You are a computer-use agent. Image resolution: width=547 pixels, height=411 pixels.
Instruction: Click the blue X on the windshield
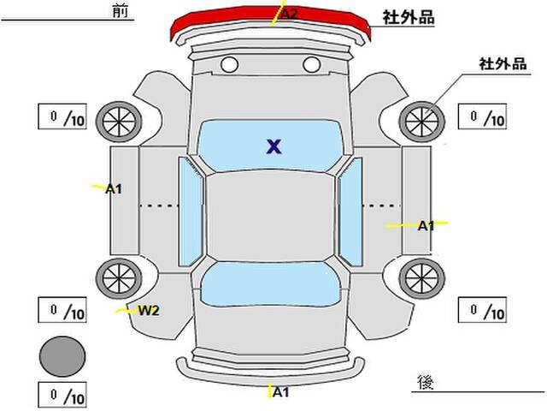point(273,146)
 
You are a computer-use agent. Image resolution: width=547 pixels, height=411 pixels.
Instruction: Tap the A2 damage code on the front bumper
point(289,15)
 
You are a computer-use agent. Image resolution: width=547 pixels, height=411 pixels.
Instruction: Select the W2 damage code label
point(149,310)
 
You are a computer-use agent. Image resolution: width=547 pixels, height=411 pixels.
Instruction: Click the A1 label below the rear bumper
point(281,392)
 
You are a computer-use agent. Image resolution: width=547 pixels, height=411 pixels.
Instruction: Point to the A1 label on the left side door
point(114,189)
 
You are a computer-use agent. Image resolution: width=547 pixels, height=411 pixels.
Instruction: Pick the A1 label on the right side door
point(426,226)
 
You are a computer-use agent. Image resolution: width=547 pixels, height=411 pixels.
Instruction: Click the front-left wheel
point(119,122)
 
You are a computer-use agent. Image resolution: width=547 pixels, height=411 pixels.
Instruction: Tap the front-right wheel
point(421,122)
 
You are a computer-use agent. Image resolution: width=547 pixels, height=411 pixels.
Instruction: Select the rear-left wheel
point(119,278)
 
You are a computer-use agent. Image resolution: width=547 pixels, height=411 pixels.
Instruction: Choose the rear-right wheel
point(421,278)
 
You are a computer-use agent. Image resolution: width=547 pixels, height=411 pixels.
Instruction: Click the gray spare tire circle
point(62,356)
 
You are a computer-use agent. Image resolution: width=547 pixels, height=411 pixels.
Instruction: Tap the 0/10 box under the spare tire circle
point(62,396)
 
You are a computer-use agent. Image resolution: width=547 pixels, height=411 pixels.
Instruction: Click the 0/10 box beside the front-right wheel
point(482,116)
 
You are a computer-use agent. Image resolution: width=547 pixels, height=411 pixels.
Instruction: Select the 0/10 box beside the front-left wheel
point(62,116)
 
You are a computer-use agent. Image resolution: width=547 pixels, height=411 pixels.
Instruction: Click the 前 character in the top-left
point(121,10)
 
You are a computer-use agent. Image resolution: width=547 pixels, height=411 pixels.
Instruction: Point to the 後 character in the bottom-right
point(426,383)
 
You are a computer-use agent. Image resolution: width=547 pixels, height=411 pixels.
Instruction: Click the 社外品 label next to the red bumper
point(409,17)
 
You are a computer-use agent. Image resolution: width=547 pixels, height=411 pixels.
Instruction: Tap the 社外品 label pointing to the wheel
point(503,64)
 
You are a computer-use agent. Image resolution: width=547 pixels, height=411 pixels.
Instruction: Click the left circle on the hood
point(229,65)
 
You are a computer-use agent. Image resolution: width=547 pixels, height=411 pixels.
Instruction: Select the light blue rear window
point(270,284)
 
